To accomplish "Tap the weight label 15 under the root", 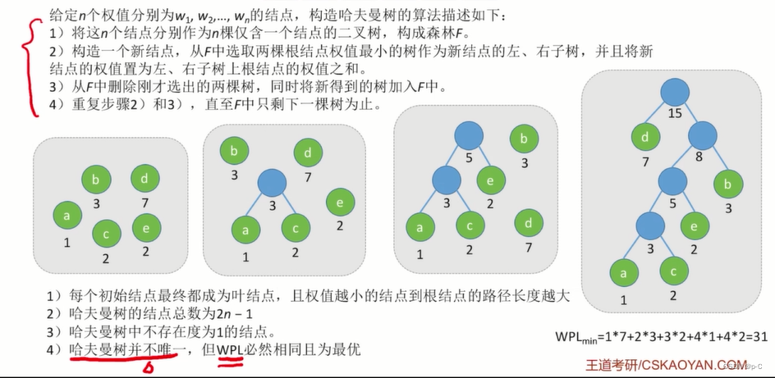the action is pyautogui.click(x=676, y=113).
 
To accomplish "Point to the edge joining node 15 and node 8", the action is pyautogui.click(x=688, y=114).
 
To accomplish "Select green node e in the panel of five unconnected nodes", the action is pyautogui.click(x=146, y=225).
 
